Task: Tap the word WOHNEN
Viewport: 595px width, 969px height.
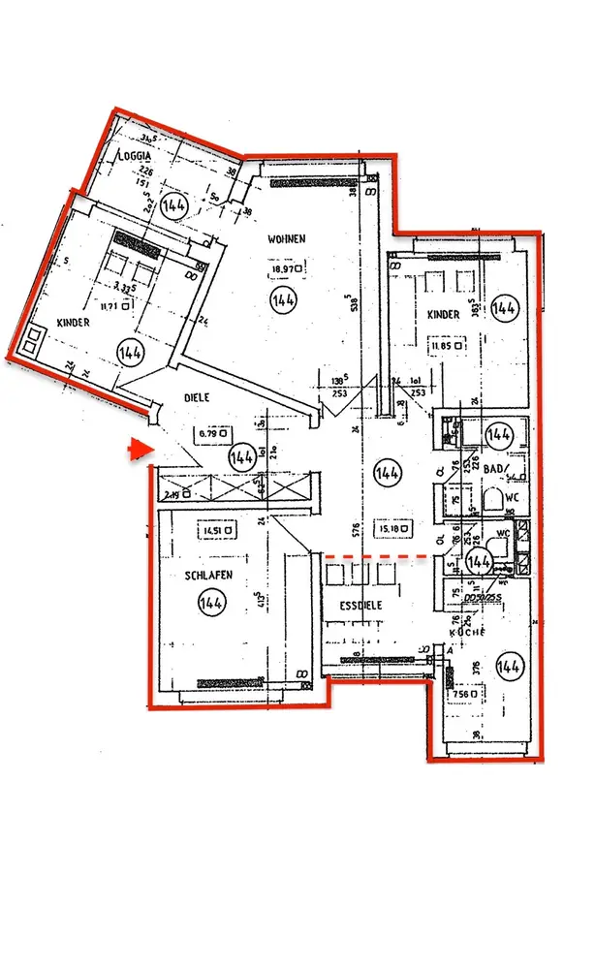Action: [x=288, y=238]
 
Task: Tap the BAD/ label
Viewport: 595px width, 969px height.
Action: [x=496, y=471]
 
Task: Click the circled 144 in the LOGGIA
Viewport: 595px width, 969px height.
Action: [x=174, y=204]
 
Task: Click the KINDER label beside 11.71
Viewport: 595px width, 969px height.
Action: [x=74, y=322]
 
